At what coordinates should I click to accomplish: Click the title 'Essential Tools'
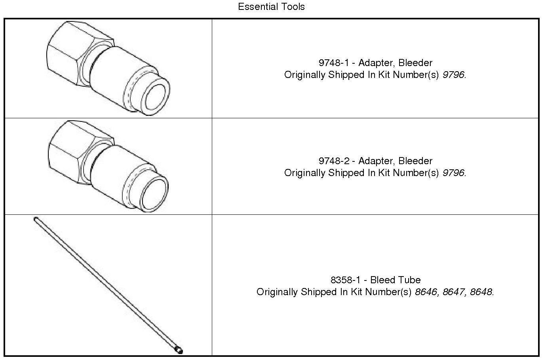tap(271, 7)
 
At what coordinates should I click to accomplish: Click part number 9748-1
tap(334, 63)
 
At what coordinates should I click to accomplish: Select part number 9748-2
tap(334, 161)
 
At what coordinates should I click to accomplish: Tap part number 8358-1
tap(345, 280)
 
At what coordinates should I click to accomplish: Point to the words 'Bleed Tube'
tap(396, 280)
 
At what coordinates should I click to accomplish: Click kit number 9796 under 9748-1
tap(453, 75)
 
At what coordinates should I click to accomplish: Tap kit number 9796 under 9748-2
tap(453, 173)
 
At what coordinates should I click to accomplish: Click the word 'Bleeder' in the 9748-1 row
tap(416, 63)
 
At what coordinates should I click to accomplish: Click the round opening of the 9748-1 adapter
tap(156, 97)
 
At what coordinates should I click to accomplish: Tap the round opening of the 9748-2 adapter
tap(154, 195)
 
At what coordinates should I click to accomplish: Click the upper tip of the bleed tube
tap(36, 219)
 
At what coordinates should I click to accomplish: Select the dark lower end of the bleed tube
tap(179, 350)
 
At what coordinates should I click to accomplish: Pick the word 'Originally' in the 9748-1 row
tap(305, 75)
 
